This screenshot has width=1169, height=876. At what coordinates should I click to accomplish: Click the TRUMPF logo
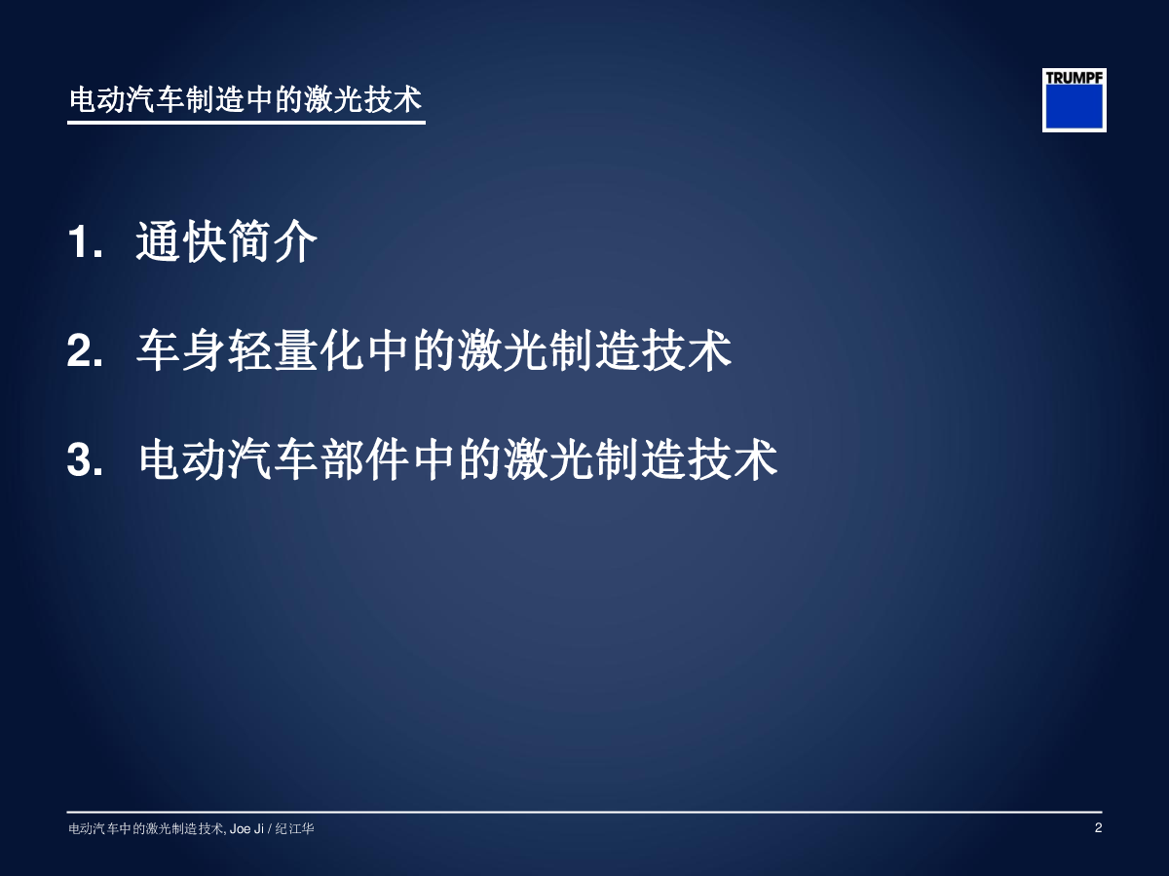pyautogui.click(x=1075, y=100)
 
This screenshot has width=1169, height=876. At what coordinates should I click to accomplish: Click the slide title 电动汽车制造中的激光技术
pyautogui.click(x=246, y=99)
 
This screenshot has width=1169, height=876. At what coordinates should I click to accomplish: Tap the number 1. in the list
pyautogui.click(x=85, y=242)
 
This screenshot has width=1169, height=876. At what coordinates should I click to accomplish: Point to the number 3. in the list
pyautogui.click(x=85, y=459)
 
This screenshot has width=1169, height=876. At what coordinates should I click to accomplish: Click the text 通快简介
pyautogui.click(x=227, y=241)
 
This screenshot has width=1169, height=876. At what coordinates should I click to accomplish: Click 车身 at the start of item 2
pyautogui.click(x=181, y=350)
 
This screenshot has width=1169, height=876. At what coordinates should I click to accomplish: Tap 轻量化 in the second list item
pyautogui.click(x=295, y=350)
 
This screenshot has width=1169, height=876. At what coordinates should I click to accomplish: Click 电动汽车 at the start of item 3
pyautogui.click(x=229, y=459)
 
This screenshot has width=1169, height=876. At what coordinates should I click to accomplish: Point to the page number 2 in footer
pyautogui.click(x=1098, y=827)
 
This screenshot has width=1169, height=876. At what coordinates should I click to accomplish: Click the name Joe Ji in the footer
pyautogui.click(x=246, y=828)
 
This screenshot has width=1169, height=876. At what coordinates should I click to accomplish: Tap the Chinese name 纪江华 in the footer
pyautogui.click(x=294, y=828)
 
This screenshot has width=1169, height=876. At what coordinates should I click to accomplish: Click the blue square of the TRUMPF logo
pyautogui.click(x=1075, y=106)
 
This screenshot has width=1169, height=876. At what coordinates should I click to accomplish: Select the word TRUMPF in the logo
pyautogui.click(x=1075, y=78)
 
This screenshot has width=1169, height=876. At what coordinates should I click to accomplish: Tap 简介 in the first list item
pyautogui.click(x=273, y=241)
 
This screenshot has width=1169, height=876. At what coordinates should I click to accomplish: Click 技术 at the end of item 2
pyautogui.click(x=687, y=350)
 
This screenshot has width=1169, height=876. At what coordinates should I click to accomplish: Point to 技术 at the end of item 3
pyautogui.click(x=733, y=459)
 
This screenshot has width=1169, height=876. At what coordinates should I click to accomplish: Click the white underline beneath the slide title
pyautogui.click(x=246, y=123)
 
